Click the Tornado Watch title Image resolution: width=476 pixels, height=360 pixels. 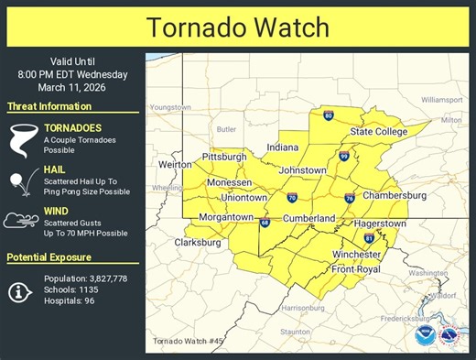coord(238,26)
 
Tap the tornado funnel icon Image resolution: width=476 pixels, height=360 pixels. coord(21,136)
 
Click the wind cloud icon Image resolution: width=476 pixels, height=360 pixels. coord(21,221)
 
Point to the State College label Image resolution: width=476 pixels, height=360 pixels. coord(379,132)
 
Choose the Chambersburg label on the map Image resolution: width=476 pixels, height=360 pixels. coord(395,195)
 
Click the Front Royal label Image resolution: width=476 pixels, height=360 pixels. coord(356,268)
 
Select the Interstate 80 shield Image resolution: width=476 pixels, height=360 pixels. coord(329,115)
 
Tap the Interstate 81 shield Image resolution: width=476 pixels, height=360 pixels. coord(369,238)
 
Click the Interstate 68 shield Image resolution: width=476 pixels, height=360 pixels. coord(265,223)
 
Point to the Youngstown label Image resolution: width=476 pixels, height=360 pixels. coord(175,107)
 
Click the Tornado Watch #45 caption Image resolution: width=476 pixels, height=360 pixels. coord(188,342)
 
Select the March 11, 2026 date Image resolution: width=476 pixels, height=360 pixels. coord(72,88)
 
